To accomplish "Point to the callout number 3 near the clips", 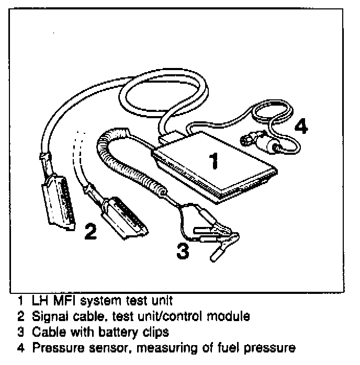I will coord(182,252).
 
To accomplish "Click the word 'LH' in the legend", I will coord(40,302).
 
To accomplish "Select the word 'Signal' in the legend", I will coord(49,317).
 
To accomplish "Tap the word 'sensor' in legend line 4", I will coord(102,347).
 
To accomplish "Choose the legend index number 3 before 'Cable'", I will coord(20,332).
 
